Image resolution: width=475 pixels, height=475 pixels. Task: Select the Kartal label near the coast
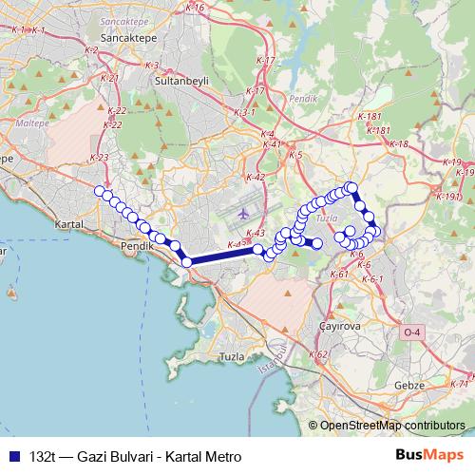[x=71, y=224]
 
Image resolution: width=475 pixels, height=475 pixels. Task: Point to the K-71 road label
[x=460, y=384]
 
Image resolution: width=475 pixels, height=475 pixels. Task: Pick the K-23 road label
[x=98, y=158]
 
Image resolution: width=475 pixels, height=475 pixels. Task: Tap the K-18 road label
[x=399, y=143]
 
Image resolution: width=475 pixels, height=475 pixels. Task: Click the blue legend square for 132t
[x=12, y=457]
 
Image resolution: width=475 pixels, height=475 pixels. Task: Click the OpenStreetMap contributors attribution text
[x=392, y=426]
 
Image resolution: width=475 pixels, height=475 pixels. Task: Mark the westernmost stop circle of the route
[x=99, y=191]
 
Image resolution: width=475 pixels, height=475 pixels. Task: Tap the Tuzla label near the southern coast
[x=232, y=356]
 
